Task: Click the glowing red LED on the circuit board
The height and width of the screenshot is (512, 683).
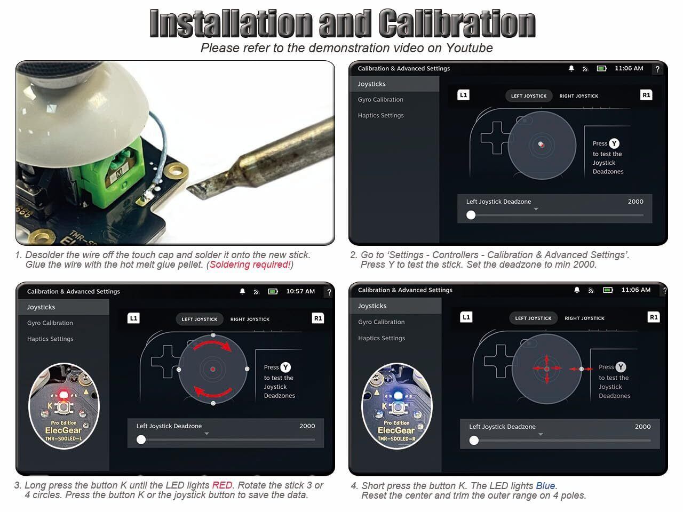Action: point(63,395)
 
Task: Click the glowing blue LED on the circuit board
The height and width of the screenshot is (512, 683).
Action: point(398,395)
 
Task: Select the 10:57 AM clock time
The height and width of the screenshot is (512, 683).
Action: point(300,291)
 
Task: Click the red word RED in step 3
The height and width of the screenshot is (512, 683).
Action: point(222,485)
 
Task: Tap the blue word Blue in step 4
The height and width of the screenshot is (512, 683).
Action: point(545,485)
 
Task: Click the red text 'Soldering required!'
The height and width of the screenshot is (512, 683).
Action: point(250,265)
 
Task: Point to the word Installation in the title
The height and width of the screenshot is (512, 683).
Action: point(231,23)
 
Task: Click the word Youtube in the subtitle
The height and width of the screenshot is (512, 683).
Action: point(469,48)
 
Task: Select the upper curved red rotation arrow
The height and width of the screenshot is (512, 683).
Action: point(213,345)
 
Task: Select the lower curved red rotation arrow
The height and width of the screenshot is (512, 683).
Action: point(213,393)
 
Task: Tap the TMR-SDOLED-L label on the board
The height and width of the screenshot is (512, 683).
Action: point(64,438)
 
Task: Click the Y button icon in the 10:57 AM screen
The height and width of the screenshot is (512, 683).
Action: point(285,367)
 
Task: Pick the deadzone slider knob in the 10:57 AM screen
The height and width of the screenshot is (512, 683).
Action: point(141,439)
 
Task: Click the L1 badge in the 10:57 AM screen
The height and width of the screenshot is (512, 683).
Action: point(133,318)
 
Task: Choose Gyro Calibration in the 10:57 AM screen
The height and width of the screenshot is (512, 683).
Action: point(50,323)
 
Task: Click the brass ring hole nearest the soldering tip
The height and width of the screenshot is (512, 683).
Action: point(176,171)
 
